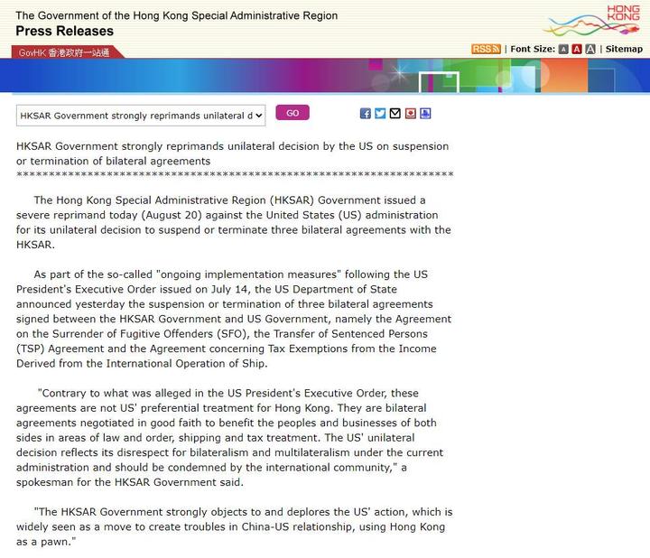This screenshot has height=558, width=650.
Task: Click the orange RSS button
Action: (486, 49)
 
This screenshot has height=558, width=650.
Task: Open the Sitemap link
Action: (624, 49)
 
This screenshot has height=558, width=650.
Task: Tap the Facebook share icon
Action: (366, 114)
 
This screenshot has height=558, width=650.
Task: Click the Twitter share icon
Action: (380, 114)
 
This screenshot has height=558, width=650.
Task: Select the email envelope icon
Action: (395, 114)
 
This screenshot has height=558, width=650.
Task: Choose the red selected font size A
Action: (577, 49)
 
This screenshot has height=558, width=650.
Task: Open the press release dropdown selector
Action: (141, 115)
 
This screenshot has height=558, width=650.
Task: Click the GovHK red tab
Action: (63, 52)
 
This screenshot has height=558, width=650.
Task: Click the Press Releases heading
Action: (65, 31)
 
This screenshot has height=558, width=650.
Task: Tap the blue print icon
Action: (425, 114)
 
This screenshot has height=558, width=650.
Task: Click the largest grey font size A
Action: (590, 49)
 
